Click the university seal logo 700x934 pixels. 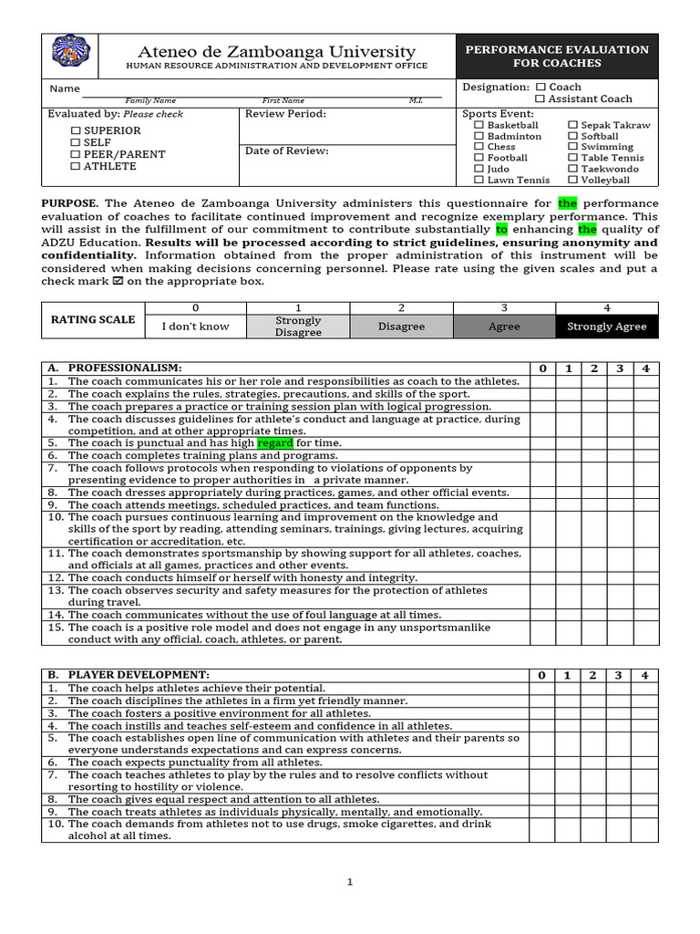point(70,56)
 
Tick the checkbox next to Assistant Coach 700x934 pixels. point(540,99)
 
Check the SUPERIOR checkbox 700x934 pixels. point(76,131)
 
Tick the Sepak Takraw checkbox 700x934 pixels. point(573,125)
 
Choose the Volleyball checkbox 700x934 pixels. point(573,180)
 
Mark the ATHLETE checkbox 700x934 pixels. point(76,167)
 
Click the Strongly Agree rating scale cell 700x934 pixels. point(606,327)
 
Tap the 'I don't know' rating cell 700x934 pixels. point(195,327)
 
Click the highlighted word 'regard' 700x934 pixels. point(275,443)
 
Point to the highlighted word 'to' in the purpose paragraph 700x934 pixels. point(501,230)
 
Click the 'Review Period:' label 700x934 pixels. point(285,114)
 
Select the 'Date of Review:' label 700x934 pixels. point(287,151)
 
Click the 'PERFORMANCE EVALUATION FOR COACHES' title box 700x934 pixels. point(557,57)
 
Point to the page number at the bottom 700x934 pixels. point(349,882)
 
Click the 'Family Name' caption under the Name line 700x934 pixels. point(150,100)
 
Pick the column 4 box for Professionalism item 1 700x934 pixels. point(645,381)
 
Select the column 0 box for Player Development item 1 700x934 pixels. point(541,689)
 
